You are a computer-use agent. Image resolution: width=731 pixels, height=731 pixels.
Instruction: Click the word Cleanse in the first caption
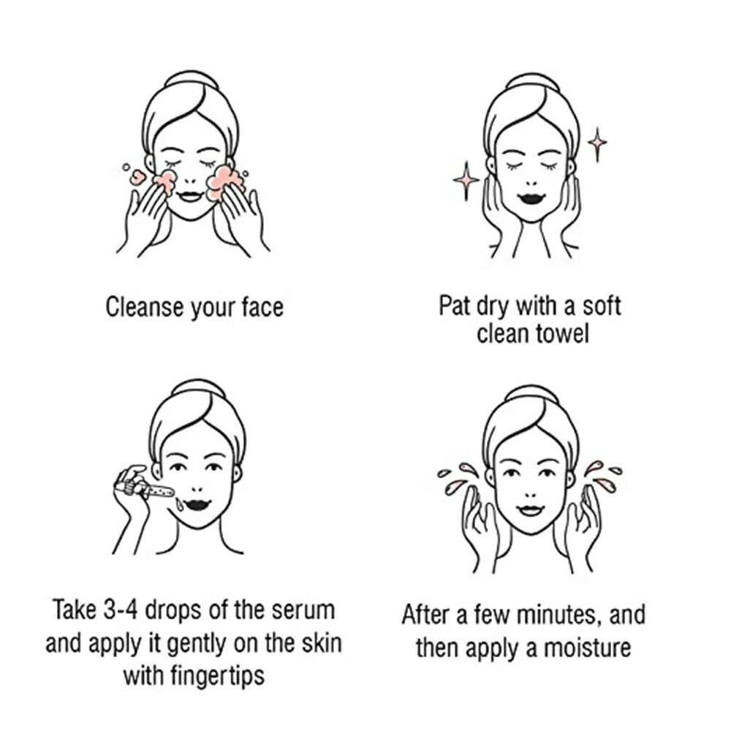pos(145,307)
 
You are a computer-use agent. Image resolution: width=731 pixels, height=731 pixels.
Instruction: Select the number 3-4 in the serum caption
pos(121,610)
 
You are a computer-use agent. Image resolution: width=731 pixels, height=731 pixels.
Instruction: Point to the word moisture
pos(588,648)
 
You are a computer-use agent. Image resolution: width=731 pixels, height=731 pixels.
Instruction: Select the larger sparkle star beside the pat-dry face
pos(466,181)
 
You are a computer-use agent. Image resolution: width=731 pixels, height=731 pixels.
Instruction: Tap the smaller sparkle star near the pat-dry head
pos(597,144)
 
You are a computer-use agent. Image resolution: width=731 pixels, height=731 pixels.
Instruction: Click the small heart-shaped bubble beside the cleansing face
pos(137,177)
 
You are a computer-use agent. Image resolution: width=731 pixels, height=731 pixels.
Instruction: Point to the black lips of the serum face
pos(197,505)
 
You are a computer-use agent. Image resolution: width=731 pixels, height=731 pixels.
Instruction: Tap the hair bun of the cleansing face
pos(191,78)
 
